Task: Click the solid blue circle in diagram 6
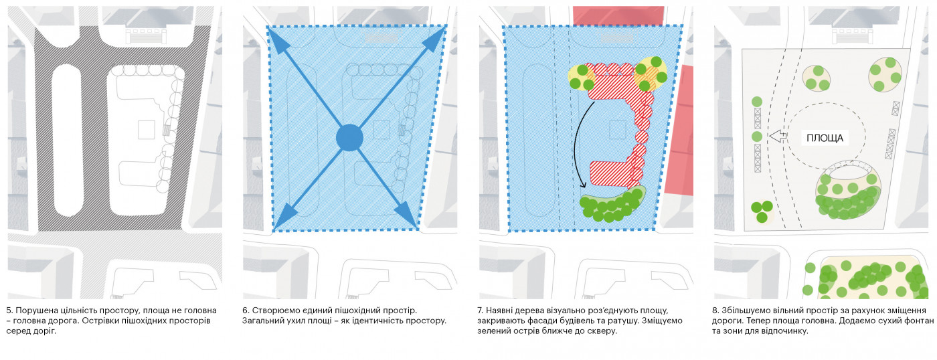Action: pyautogui.click(x=349, y=138)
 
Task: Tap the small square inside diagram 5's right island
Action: pyautogui.click(x=147, y=129)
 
